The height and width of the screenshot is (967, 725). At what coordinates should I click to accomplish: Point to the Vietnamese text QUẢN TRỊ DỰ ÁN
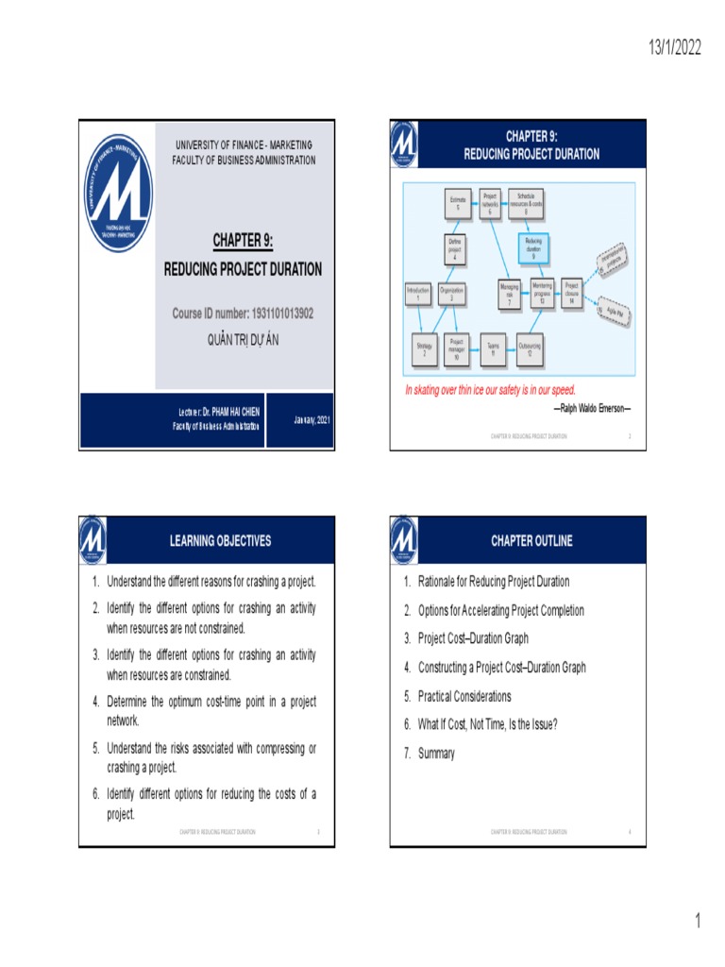coord(244,339)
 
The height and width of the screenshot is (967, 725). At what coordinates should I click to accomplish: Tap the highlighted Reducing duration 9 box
coord(533,249)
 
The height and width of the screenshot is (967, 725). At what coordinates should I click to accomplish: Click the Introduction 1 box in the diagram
coord(417,294)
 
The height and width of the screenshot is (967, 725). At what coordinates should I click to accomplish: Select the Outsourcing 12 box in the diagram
coord(530,348)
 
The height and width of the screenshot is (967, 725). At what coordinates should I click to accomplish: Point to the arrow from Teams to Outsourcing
coord(508,348)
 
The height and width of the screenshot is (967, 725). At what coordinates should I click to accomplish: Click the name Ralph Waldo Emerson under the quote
coord(592,408)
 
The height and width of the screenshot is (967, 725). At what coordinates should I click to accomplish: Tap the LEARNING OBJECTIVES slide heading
coord(220,541)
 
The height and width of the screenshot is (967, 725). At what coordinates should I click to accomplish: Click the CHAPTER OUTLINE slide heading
coord(531,541)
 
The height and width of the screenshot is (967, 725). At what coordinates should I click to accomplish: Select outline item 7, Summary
coord(436,754)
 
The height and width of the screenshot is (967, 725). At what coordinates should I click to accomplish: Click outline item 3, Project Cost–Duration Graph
coord(473,638)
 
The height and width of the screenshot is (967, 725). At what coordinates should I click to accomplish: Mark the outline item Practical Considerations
coord(464,696)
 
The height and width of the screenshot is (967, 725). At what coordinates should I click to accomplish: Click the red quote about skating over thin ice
coord(490,390)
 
